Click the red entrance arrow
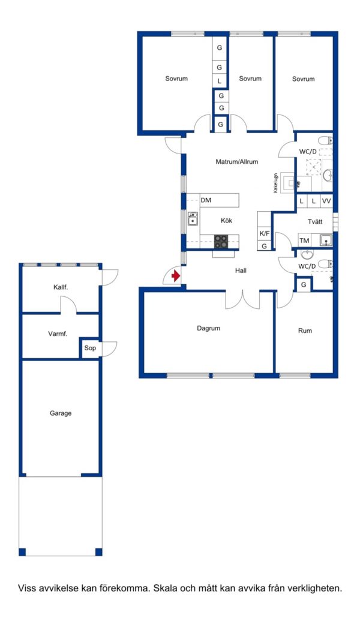[x=176, y=276]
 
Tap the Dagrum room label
[x=209, y=329]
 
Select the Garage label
[x=61, y=413]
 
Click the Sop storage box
[x=90, y=348]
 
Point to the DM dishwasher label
[x=206, y=200]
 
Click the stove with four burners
[x=221, y=241]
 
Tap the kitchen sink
[x=193, y=219]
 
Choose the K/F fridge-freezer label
[x=265, y=233]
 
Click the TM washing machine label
[x=304, y=241]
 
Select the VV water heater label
[x=326, y=202]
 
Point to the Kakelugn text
[x=275, y=183]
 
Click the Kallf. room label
[x=61, y=287]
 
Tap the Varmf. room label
[x=58, y=334]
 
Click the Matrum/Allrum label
[x=237, y=162]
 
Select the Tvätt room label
[x=315, y=221]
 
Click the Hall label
[x=241, y=271]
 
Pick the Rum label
[x=305, y=331]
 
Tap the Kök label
[x=226, y=221]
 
